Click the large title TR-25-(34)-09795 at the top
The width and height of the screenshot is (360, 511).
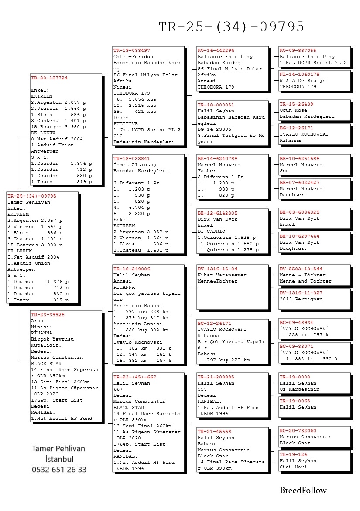click(x=231, y=27)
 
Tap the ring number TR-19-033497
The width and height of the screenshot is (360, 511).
click(x=131, y=51)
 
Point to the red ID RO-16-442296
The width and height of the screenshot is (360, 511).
click(x=216, y=51)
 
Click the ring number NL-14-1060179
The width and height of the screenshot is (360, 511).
click(x=299, y=75)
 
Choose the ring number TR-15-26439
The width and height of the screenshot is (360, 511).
click(x=296, y=104)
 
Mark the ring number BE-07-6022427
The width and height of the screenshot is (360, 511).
click(x=299, y=183)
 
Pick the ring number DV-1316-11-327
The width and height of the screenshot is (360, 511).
click(x=301, y=293)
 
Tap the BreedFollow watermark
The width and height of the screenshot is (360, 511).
click(x=303, y=491)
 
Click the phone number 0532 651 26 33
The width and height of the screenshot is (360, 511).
click(x=59, y=470)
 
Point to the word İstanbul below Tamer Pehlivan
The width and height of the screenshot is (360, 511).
click(x=59, y=459)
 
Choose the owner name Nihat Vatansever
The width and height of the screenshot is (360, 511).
click(x=222, y=275)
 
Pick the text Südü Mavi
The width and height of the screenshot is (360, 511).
click(x=293, y=467)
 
